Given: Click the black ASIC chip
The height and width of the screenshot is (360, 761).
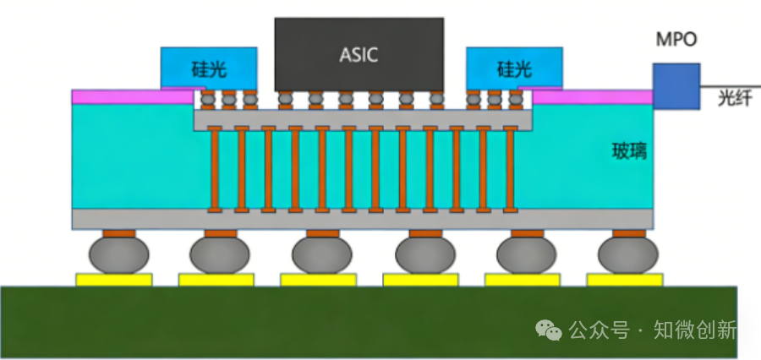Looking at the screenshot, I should point(359,54).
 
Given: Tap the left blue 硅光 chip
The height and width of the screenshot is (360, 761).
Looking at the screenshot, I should point(209,68).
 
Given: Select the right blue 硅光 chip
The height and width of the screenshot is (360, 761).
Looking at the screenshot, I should point(514,68).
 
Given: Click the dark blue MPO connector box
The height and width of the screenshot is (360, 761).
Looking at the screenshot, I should point(676,85).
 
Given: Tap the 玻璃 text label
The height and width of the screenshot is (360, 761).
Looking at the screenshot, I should point(629,152).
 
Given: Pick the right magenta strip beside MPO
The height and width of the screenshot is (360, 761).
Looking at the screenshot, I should point(592,96).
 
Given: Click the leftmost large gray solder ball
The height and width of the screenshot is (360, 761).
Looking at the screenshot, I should point(120,254).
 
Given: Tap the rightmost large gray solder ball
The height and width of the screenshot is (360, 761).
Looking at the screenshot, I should point(627,254).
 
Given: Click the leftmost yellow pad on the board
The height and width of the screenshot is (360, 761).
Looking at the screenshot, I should point(114,280).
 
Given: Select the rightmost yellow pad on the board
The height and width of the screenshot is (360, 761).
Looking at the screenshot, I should point(625,280).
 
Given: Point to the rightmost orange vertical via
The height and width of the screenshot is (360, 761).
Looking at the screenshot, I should point(510,169).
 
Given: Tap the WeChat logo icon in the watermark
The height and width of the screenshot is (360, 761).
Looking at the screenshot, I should point(551,330).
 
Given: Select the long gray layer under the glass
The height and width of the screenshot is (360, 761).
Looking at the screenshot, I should point(364,220).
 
